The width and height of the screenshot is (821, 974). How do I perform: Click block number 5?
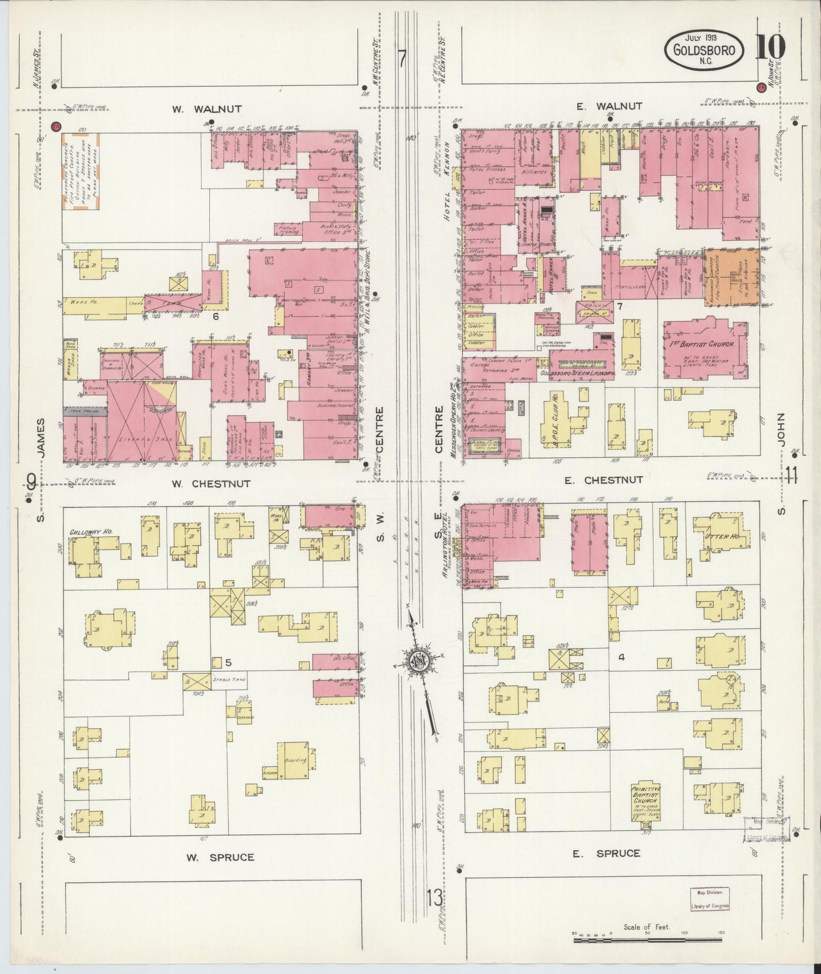click(228, 662)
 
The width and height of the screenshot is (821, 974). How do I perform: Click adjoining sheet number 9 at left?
click(32, 483)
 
